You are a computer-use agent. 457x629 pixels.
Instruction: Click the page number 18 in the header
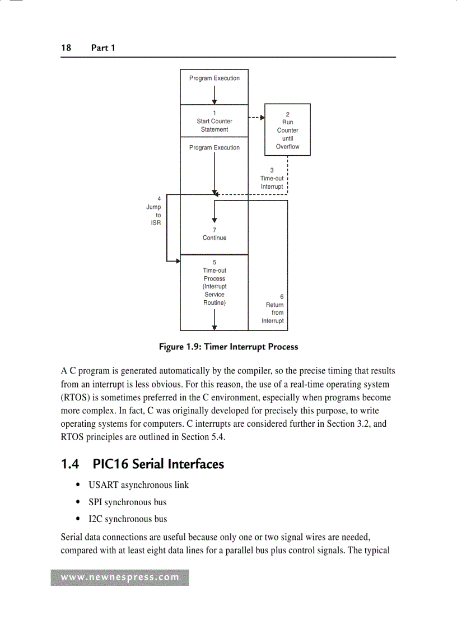66,48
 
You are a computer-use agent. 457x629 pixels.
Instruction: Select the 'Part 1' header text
103,48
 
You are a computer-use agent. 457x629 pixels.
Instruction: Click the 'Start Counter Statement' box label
214,122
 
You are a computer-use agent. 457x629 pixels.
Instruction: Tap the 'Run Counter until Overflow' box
287,131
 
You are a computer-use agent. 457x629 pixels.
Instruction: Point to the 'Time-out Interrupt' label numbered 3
272,179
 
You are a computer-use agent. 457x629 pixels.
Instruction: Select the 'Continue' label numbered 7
214,234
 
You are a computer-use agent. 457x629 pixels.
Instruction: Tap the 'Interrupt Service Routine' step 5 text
214,283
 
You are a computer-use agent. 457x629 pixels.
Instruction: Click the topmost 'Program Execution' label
214,78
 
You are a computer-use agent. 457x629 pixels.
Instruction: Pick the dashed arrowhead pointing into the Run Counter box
262,118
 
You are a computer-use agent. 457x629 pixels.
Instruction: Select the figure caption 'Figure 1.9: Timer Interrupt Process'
228,347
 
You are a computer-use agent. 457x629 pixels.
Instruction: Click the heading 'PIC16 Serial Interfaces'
158,464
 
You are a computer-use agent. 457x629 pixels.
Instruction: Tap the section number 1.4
70,464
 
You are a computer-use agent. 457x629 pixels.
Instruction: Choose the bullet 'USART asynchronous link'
138,485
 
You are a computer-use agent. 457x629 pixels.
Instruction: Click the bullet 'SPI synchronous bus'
127,502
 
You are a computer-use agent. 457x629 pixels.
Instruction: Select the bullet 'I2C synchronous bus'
128,519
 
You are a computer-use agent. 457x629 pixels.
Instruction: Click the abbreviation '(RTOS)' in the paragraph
76,398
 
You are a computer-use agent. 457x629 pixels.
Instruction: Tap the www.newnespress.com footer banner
120,577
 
